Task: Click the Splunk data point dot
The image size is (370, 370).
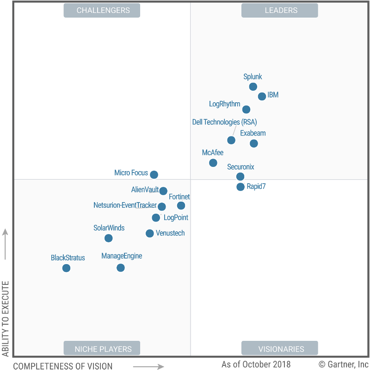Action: click(x=253, y=86)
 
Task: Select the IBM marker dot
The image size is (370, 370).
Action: click(x=262, y=96)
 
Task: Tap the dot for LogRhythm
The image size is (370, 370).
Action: click(x=246, y=110)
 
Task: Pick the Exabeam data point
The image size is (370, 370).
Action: click(x=253, y=143)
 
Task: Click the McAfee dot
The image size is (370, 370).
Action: click(x=213, y=163)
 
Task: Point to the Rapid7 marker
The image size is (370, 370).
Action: click(x=240, y=187)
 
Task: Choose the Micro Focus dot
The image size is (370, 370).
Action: click(x=154, y=175)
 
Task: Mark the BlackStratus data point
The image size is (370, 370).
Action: click(x=66, y=268)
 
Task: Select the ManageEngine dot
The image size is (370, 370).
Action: click(x=120, y=267)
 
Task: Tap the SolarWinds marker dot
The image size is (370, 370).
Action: click(x=108, y=238)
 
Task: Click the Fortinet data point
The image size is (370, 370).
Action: click(x=181, y=205)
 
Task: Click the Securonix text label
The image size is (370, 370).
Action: click(x=240, y=167)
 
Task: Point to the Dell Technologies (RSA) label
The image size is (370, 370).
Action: click(x=224, y=122)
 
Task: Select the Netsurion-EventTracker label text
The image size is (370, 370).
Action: click(x=125, y=205)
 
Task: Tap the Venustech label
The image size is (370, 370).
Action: click(x=170, y=233)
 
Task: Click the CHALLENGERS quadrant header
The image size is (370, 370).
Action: click(x=102, y=10)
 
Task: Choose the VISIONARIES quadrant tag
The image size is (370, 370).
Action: click(x=279, y=349)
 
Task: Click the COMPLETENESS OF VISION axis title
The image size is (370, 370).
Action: click(x=62, y=366)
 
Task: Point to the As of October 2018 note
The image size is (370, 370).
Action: click(x=256, y=364)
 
